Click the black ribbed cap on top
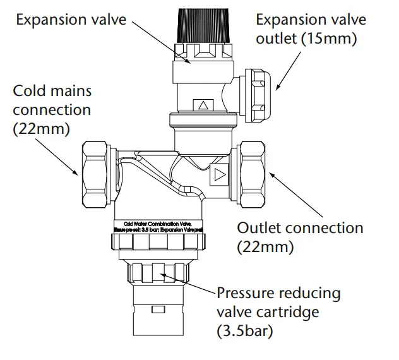click(201, 25)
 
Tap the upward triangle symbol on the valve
click(203, 105)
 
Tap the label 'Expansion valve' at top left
click(71, 19)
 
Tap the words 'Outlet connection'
click(300, 228)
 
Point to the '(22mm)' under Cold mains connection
click(42, 128)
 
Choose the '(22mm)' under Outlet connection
click(265, 246)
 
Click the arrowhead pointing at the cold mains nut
click(76, 173)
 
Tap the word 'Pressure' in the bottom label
click(247, 294)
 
